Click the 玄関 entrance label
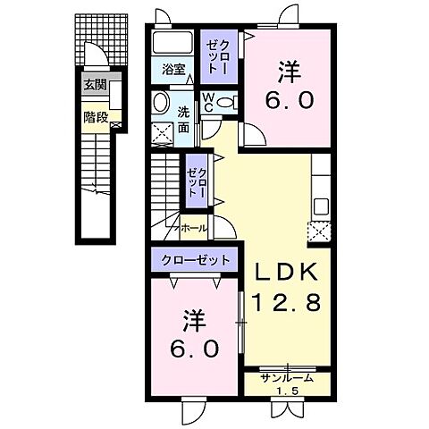95,86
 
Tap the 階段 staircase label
95,115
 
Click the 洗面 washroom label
183,120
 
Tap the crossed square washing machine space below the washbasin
163,132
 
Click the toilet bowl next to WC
227,101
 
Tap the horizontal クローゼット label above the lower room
196,260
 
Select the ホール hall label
194,229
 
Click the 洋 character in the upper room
289,70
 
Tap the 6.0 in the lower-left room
193,347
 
